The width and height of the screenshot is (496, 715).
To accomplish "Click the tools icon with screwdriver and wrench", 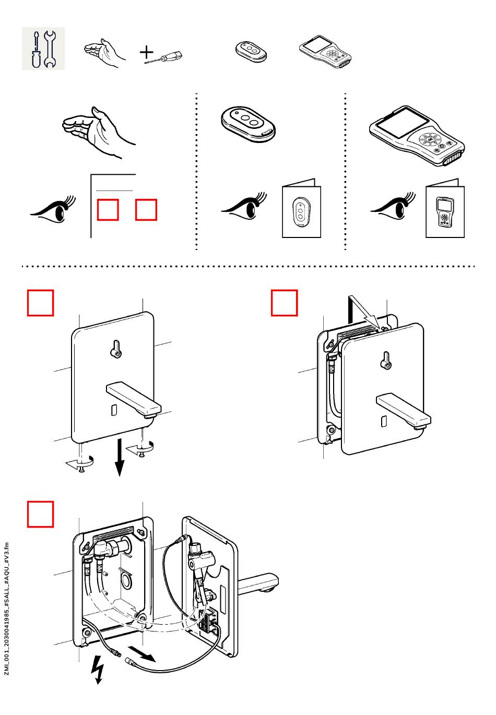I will tap(43, 49).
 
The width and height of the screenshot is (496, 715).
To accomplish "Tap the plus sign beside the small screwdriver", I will tap(147, 52).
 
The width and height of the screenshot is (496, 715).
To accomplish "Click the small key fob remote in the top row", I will tap(252, 51).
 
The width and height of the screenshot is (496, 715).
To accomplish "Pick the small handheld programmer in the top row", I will tap(325, 52).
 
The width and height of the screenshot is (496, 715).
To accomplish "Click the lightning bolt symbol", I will tap(98, 669).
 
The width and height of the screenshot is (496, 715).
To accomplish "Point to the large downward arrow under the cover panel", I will tap(120, 457).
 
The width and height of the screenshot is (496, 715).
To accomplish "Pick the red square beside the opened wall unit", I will tap(41, 514).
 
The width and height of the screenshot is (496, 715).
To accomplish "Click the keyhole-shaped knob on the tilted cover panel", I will tap(385, 361).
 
